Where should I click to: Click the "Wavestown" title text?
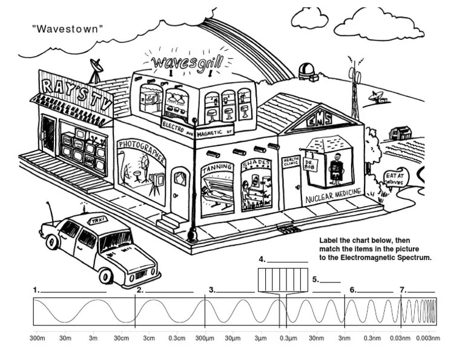pyautogui.click(x=67, y=28)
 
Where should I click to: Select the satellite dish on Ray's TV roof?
pyautogui.click(x=96, y=67)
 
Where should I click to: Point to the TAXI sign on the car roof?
pyautogui.click(x=96, y=222)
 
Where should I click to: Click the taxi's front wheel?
pyautogui.click(x=107, y=276)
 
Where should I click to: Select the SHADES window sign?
pyautogui.click(x=255, y=164)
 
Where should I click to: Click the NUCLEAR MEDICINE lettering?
pyautogui.click(x=334, y=195)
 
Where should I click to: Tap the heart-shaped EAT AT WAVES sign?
pyautogui.click(x=397, y=178)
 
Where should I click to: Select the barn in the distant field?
pyautogui.click(x=400, y=132)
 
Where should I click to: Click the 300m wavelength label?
pyautogui.click(x=38, y=338)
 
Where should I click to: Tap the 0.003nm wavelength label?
pyautogui.click(x=427, y=338)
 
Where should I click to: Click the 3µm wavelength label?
pyautogui.click(x=261, y=338)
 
